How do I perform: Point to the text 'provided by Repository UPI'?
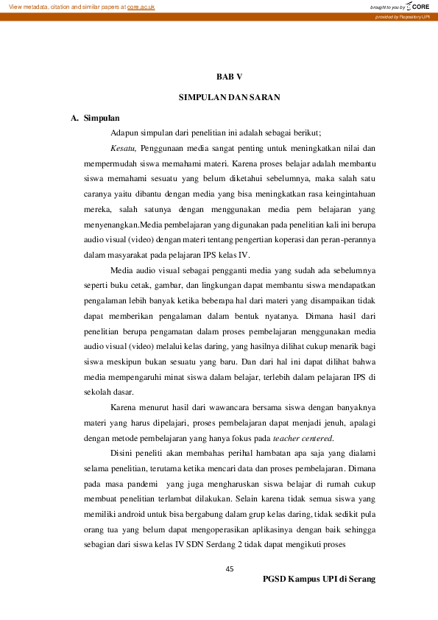pos(402,15)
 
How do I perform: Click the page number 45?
pos(229,568)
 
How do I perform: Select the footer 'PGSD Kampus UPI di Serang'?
pos(319,580)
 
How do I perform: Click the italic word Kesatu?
pos(122,149)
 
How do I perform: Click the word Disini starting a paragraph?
pos(123,454)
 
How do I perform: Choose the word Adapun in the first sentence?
pos(125,133)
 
